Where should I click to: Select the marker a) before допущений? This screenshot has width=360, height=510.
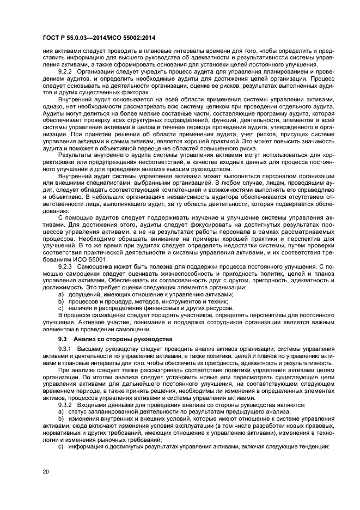(61, 294)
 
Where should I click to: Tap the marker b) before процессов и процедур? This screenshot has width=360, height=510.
(61, 301)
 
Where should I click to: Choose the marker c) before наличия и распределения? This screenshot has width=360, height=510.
(61, 307)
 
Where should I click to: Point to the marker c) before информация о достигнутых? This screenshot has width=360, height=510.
(61, 446)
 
